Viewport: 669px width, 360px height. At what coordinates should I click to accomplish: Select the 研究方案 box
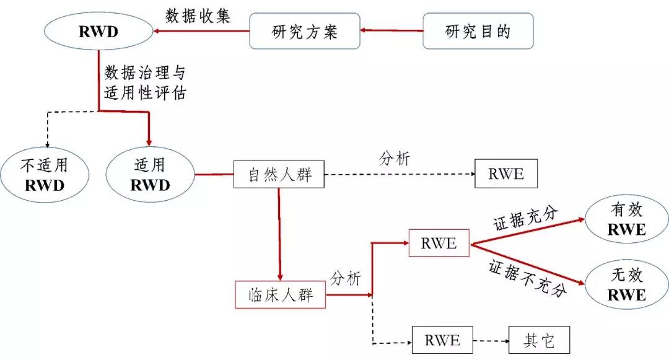(x=305, y=31)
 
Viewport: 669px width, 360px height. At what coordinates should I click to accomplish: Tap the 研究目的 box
(x=478, y=31)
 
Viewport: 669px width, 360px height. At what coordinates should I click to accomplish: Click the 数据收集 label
(x=198, y=16)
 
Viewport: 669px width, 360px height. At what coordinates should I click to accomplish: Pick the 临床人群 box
(x=281, y=295)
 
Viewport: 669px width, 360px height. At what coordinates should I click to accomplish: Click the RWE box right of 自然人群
(x=505, y=174)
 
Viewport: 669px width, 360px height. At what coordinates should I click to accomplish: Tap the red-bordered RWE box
(x=439, y=243)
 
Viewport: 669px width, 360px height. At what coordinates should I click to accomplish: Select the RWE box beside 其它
(x=443, y=340)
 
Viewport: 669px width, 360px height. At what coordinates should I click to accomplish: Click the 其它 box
(x=538, y=340)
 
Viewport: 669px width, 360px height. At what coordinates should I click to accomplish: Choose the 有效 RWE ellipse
(x=626, y=219)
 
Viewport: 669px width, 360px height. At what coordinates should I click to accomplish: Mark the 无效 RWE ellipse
(x=626, y=285)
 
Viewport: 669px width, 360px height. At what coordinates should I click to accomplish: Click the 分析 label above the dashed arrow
(x=394, y=159)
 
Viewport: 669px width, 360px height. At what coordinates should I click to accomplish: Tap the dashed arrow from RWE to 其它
(x=491, y=340)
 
